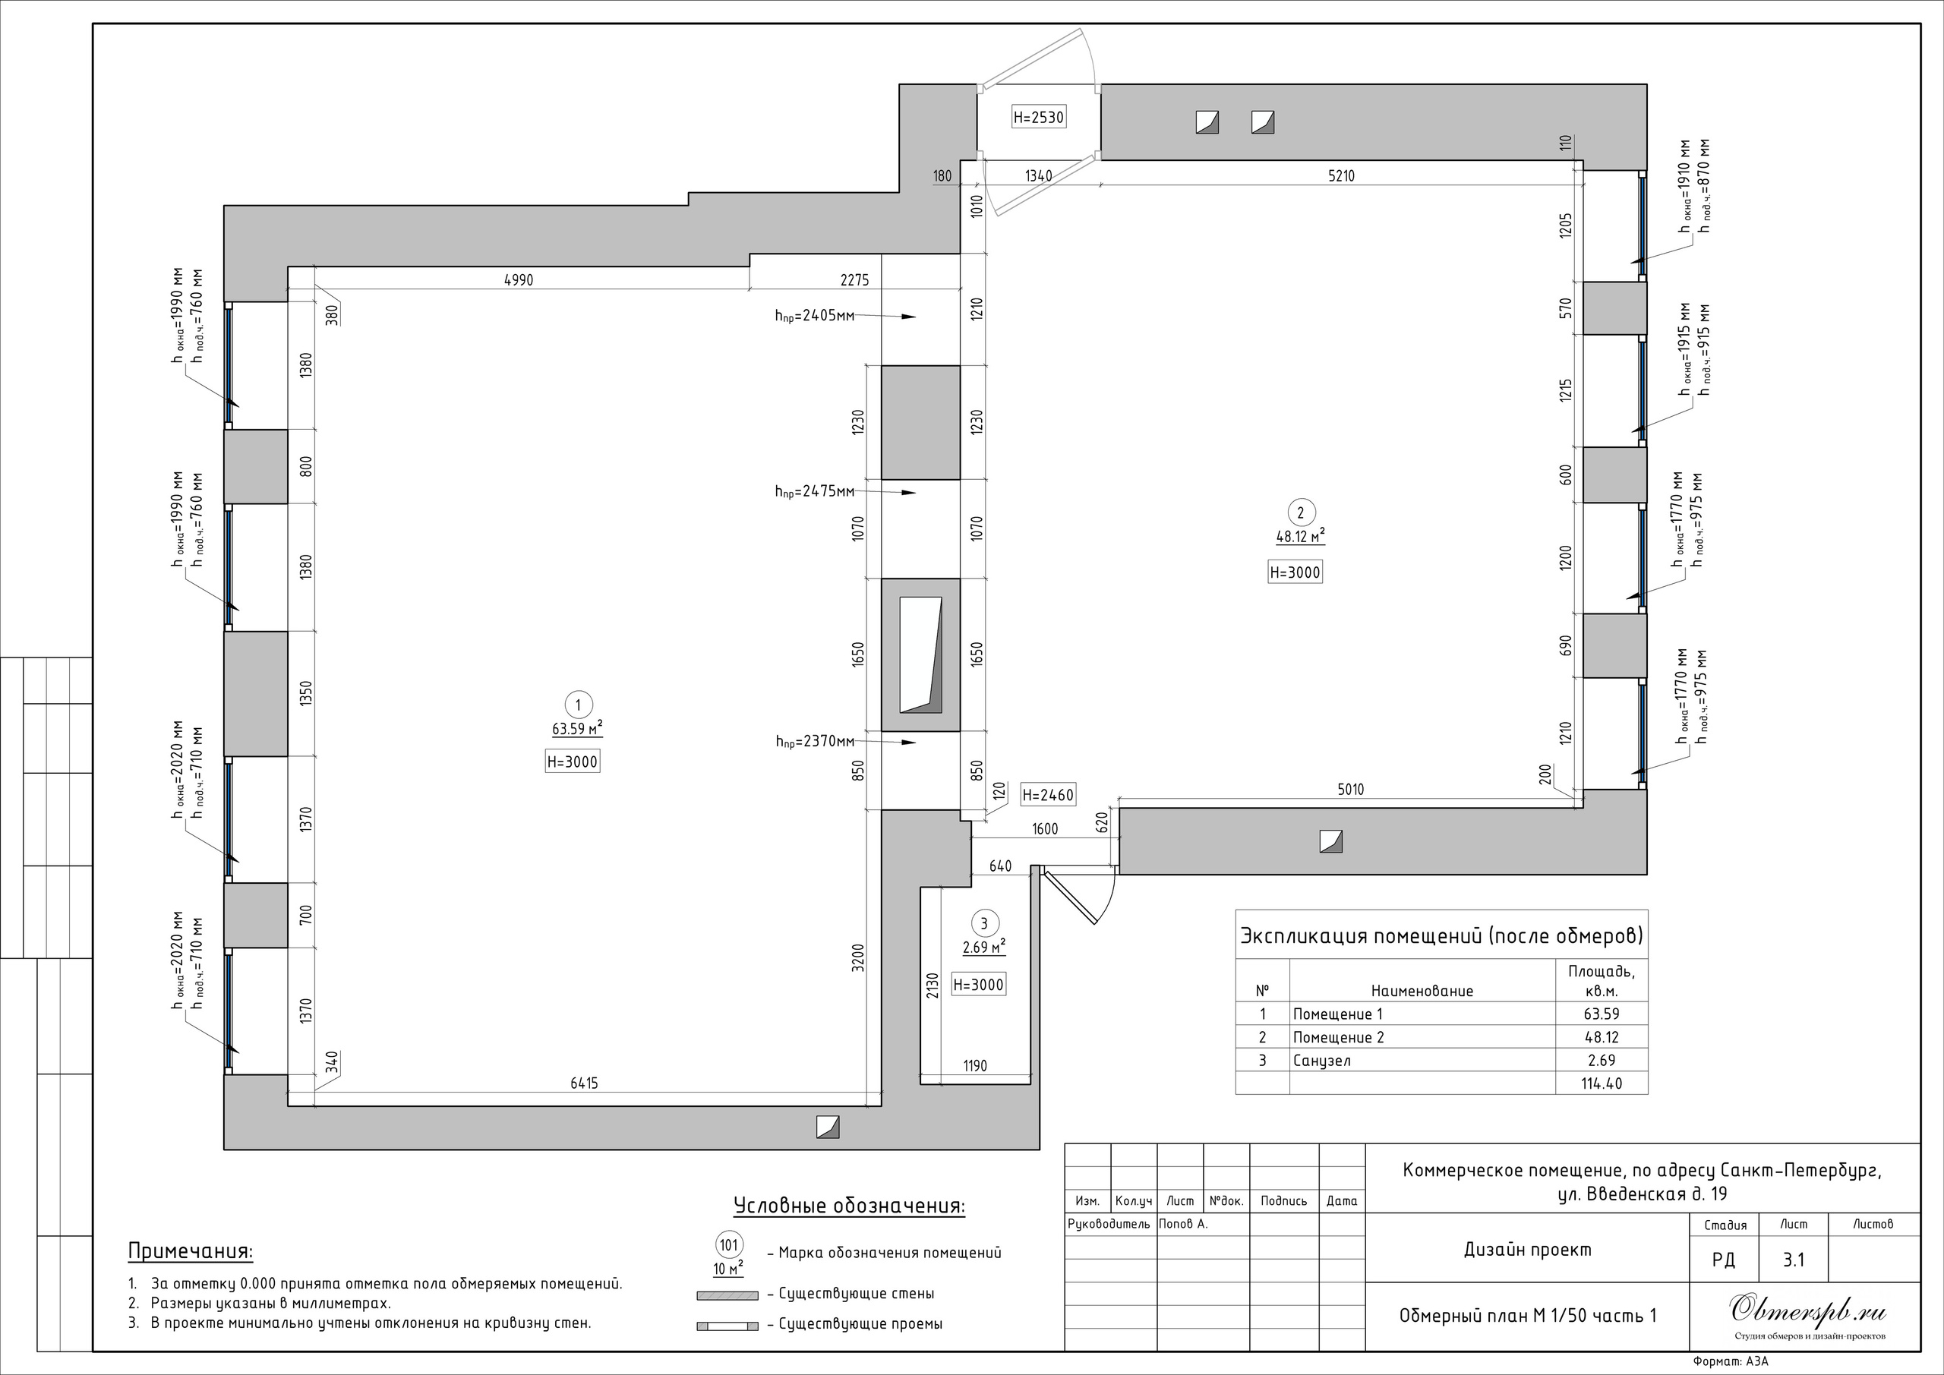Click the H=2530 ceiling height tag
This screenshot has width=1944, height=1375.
1039,118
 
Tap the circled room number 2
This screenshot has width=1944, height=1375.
1301,512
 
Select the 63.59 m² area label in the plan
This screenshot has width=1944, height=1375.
576,728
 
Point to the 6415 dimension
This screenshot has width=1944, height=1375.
583,1083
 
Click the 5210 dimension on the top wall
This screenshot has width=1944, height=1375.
1341,176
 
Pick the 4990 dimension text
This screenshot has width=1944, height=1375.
518,280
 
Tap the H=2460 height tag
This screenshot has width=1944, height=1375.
1048,795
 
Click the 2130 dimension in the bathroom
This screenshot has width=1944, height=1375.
933,986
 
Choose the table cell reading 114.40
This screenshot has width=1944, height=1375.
1601,1083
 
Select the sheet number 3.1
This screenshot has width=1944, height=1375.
1794,1260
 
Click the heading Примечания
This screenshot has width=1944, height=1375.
191,1251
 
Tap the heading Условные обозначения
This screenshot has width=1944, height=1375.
849,1206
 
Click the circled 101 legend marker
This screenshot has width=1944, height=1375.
729,1245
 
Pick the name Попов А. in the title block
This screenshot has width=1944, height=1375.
1183,1223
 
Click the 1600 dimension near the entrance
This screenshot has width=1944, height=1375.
1045,829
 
